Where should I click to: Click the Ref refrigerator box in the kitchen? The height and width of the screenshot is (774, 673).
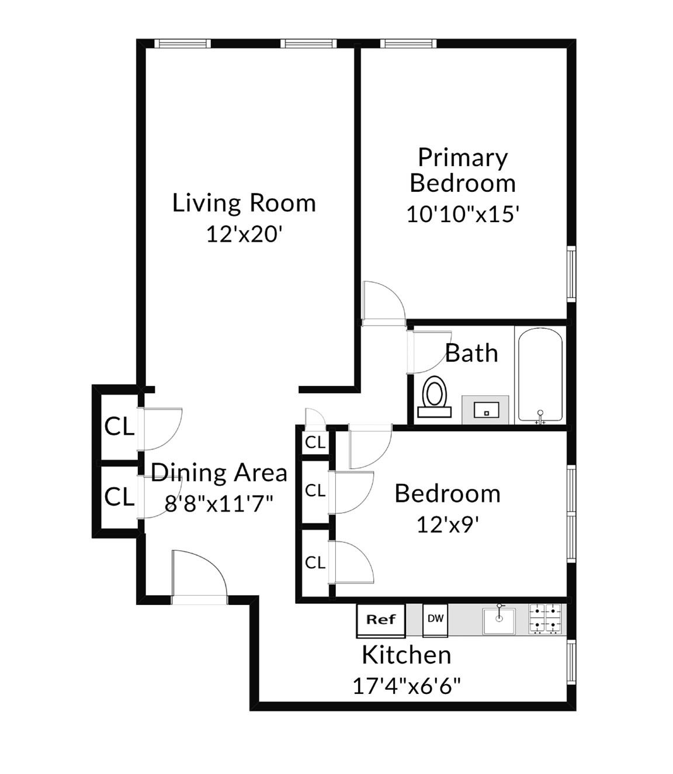pos(380,620)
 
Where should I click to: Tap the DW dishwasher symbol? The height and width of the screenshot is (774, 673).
pos(435,619)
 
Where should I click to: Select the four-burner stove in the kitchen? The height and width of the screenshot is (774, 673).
pos(546,619)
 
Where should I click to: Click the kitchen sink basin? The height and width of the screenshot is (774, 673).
pos(498,621)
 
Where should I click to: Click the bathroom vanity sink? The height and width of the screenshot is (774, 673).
pos(485,410)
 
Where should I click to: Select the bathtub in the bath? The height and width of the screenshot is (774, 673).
pos(540,374)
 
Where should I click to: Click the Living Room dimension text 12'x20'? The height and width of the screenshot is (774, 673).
pos(244,234)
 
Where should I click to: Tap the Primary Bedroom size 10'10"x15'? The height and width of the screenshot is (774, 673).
pos(463,215)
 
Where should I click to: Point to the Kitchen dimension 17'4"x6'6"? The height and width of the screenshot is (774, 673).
pos(407,685)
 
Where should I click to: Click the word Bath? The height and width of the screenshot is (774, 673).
pos(471,354)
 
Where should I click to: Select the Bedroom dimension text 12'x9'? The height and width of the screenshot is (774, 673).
pos(447,524)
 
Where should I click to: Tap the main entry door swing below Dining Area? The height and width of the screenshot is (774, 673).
pos(199,576)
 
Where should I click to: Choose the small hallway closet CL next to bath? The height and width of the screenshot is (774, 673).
pos(315,443)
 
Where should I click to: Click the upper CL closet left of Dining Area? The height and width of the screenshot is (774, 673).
pos(119,427)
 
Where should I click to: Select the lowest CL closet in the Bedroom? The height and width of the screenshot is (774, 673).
pos(315,562)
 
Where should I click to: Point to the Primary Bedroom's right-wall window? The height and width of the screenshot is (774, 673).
pos(571,274)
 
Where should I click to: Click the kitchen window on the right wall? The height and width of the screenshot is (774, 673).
pos(571,662)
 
